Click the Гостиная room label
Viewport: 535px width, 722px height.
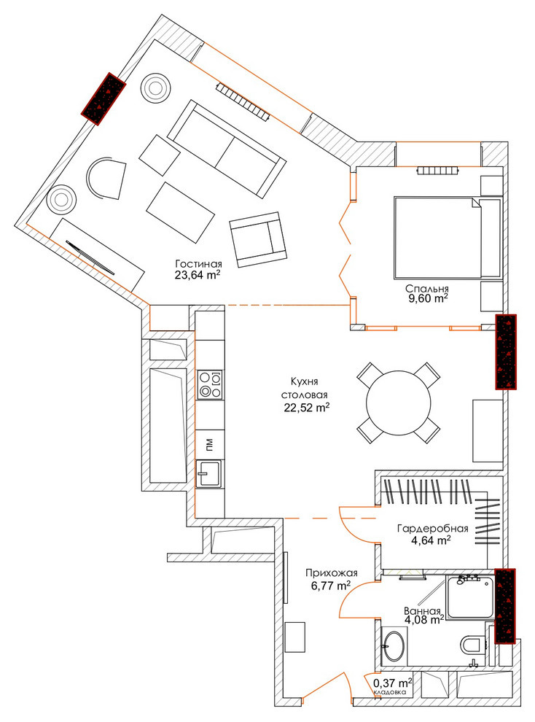pos(198,264)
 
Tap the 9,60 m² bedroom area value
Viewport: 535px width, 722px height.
pos(426,298)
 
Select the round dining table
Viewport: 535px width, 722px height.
pos(399,403)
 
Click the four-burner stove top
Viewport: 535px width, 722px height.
pos(209,384)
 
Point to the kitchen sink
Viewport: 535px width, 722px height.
pos(209,473)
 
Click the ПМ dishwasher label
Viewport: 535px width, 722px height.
pos(209,445)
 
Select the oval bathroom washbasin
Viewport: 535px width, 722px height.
pos(394,645)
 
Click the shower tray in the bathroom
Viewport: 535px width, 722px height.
pos(471,597)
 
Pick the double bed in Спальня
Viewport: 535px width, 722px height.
pos(447,238)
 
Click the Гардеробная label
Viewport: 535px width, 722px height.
pos(432,528)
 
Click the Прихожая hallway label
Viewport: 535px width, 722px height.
pos(332,573)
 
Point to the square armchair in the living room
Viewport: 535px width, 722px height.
pos(258,239)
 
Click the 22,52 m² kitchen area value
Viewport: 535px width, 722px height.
pos(308,407)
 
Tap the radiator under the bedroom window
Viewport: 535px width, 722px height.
pos(437,171)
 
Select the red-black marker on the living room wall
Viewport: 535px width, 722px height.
pos(104,98)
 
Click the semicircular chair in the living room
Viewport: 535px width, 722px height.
pos(106,179)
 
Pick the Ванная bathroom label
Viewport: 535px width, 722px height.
pos(422,610)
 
